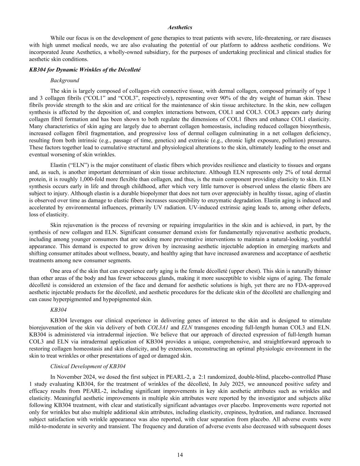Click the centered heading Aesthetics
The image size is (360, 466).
coord(180,27)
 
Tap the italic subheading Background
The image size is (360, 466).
coord(64,80)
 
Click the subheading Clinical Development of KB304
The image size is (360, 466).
coord(88,366)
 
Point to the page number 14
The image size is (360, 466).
coord(180,455)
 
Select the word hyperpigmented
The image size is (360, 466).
coord(78,299)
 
